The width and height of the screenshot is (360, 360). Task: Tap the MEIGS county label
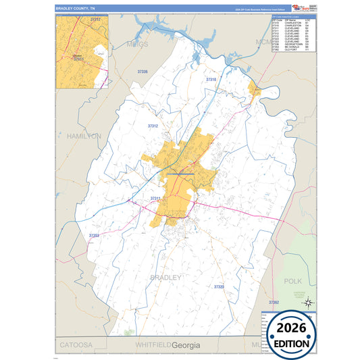[137, 45]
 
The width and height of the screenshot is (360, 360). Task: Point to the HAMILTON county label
[84, 136]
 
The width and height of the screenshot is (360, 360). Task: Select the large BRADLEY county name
[165, 277]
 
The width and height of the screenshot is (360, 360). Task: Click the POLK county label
[292, 280]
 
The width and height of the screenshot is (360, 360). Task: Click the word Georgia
[186, 345]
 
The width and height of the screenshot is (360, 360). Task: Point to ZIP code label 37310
[211, 80]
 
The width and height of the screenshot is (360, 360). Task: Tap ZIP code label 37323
[220, 287]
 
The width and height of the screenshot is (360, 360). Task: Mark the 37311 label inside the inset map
[79, 59]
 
